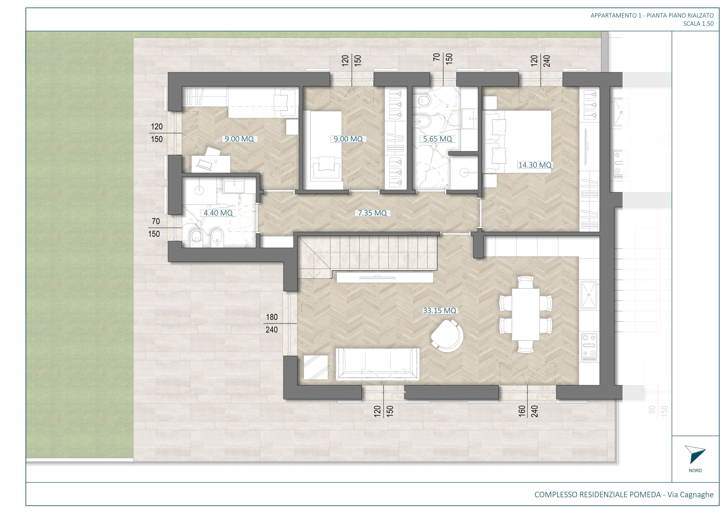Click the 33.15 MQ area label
pos(439,311)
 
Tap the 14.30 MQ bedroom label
pos(535,165)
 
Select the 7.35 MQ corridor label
pos(372,213)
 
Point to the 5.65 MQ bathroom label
pos(438,139)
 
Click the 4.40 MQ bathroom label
pos(218,213)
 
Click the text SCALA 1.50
pos(699,24)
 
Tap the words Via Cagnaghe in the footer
pos(691,494)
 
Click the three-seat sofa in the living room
pos(378,364)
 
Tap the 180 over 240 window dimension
pos(272,323)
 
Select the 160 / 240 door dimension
pos(528,411)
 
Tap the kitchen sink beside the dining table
pos(589,295)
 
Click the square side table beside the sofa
pos(316,367)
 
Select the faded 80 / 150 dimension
pos(658,411)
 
